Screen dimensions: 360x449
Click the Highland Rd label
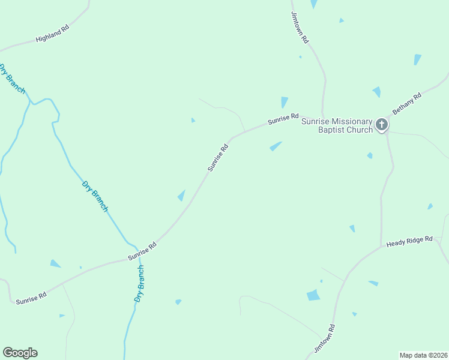point(52,34)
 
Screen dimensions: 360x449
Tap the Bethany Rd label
point(407,104)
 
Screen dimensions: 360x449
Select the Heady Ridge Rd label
point(409,242)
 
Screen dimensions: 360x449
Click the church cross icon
point(382,125)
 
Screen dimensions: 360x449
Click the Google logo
point(20,353)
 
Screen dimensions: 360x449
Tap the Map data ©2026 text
point(423,355)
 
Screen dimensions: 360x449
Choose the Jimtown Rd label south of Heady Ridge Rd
point(324,338)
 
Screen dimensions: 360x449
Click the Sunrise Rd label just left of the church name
point(283,118)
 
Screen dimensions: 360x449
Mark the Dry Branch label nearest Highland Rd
point(12,78)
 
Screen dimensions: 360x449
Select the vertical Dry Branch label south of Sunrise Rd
point(140,284)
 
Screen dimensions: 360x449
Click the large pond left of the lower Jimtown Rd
point(313,295)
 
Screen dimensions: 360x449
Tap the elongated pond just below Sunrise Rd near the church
point(276,146)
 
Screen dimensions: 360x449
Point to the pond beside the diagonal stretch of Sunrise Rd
point(181,196)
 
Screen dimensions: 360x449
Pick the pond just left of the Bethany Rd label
point(376,92)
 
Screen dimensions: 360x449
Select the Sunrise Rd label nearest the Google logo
point(31,298)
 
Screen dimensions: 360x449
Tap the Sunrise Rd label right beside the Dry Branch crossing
point(142,251)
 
